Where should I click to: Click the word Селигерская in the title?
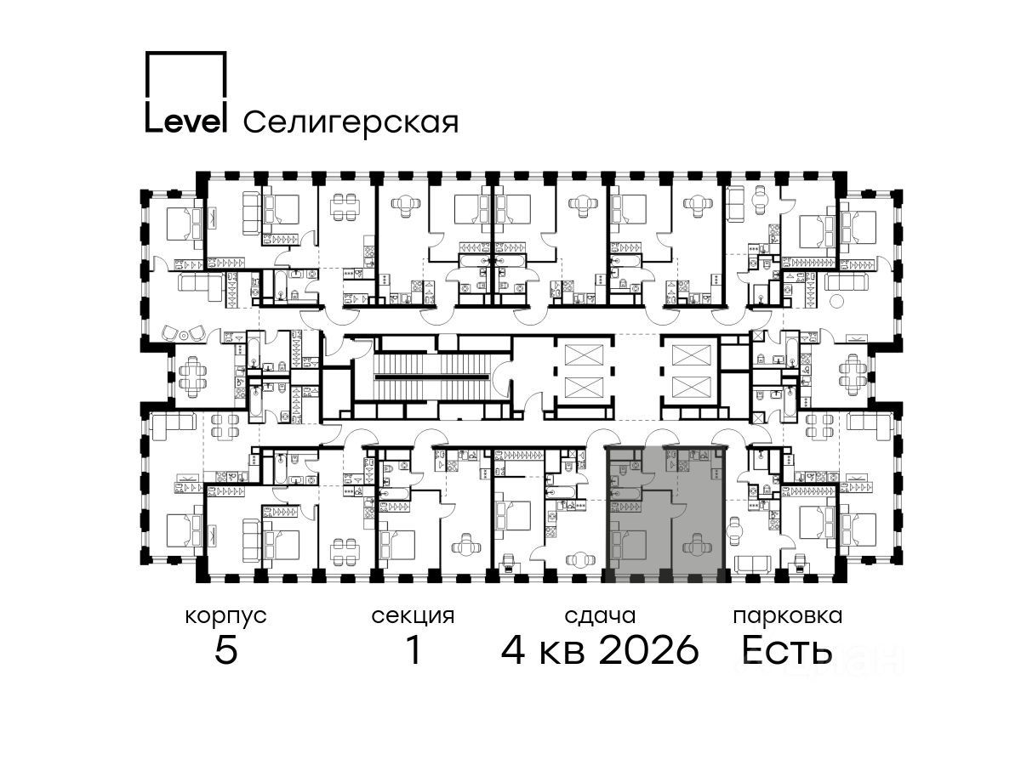pyautogui.click(x=351, y=123)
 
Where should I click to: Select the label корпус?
pyautogui.click(x=225, y=617)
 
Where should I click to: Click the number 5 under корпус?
pyautogui.click(x=226, y=649)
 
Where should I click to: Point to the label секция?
pyautogui.click(x=413, y=617)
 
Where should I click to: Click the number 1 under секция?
pyautogui.click(x=414, y=649)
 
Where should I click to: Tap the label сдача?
pyautogui.click(x=600, y=616)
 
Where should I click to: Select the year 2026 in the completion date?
pyautogui.click(x=649, y=649)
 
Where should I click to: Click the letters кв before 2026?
pyautogui.click(x=562, y=653)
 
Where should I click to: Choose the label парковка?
pyautogui.click(x=788, y=617)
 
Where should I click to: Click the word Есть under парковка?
pyautogui.click(x=787, y=649)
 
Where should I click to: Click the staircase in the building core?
pyautogui.click(x=432, y=377)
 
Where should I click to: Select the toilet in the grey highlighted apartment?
pyautogui.click(x=636, y=464)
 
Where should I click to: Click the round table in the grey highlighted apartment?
pyautogui.click(x=696, y=544)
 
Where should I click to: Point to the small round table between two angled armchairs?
pyautogui.click(x=184, y=335)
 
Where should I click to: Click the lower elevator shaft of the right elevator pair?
pyautogui.click(x=692, y=388)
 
